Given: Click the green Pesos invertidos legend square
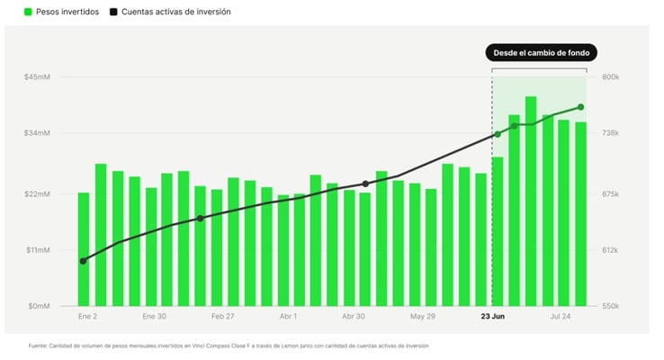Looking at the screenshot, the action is (28, 12).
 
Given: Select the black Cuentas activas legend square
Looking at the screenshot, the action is (113, 12).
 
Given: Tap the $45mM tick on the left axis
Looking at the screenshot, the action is (37, 77).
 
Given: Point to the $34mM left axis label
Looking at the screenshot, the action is (37, 133).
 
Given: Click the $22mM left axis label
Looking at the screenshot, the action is (37, 194).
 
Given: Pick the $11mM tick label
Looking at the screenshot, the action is (38, 250).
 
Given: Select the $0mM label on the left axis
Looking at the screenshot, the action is (39, 306).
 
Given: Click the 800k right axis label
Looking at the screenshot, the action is (611, 77).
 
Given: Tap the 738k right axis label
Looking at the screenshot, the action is (611, 133).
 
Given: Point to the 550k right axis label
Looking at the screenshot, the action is (611, 306).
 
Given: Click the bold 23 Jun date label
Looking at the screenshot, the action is (492, 317).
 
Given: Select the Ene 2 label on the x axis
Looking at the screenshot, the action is (87, 317).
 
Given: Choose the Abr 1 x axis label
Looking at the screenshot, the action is (289, 317).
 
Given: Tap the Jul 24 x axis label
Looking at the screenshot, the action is (561, 317).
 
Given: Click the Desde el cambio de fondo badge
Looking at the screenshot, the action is (542, 53).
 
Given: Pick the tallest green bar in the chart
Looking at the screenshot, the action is (531, 202).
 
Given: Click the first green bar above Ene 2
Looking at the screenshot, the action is (84, 249).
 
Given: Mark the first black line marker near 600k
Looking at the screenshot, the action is (83, 261).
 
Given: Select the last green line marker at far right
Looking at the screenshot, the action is (580, 107).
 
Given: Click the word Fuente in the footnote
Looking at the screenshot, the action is (38, 346).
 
